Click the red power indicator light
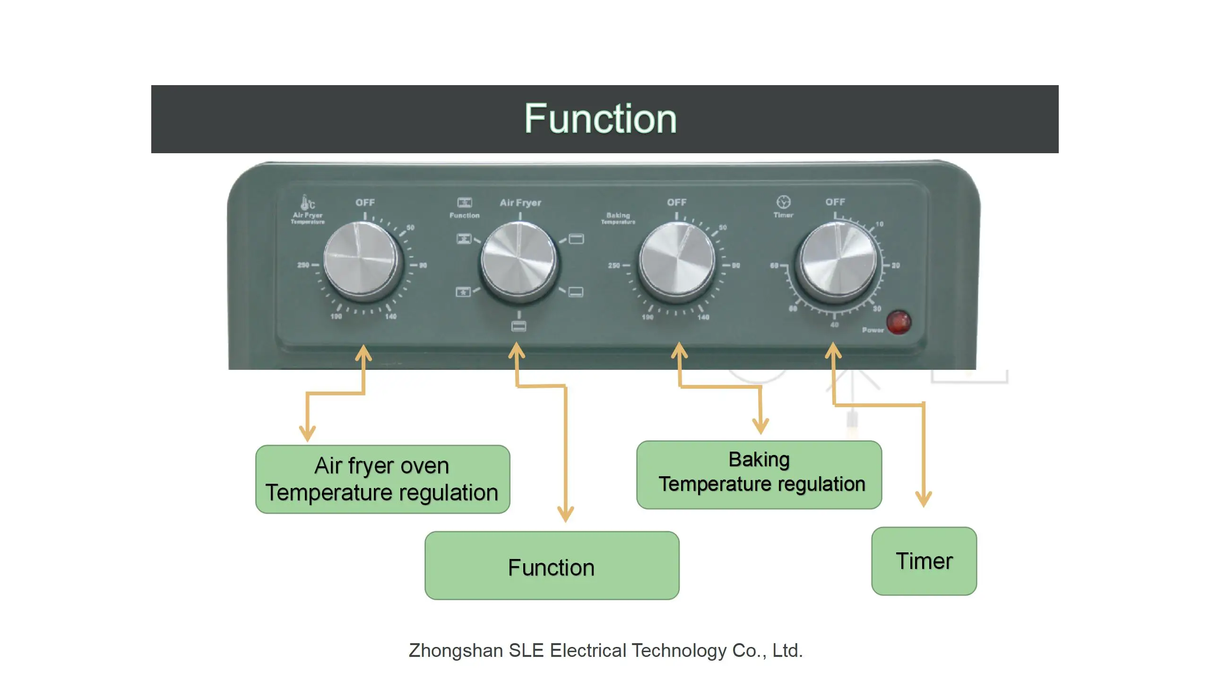(x=898, y=323)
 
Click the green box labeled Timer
(x=924, y=561)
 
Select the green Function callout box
(x=552, y=566)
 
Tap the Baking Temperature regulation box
(x=759, y=474)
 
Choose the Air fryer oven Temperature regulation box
(x=382, y=479)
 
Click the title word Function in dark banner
(x=600, y=119)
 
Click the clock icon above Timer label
(x=783, y=202)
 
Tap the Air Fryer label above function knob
(x=520, y=203)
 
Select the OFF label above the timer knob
(x=835, y=202)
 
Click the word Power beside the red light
(x=873, y=330)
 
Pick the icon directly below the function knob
(x=519, y=326)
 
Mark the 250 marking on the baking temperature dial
(x=614, y=266)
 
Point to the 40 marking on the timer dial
(x=834, y=325)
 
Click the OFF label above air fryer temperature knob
(x=365, y=202)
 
